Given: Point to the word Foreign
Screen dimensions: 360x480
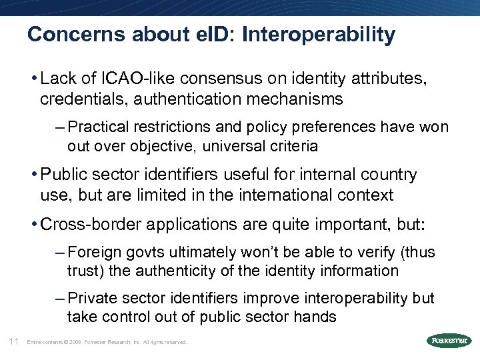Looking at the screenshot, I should [x=91, y=252].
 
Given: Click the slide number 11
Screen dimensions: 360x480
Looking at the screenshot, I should [x=13, y=341].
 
